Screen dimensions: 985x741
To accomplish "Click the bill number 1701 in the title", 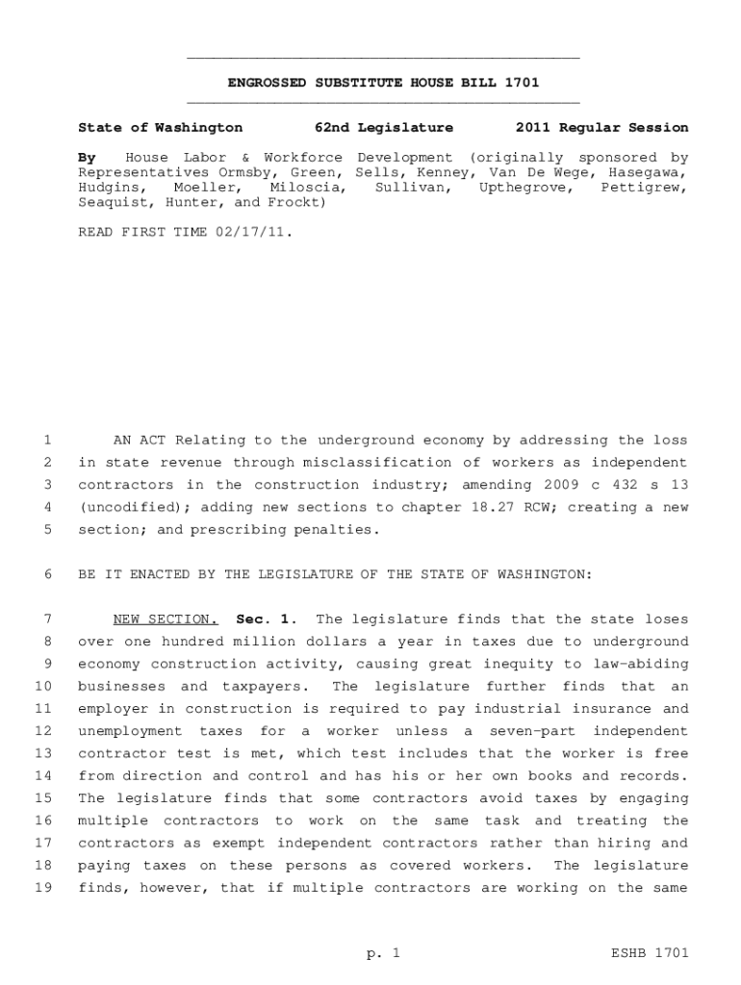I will pos(522,83).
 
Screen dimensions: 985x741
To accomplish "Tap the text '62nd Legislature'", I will pos(384,127).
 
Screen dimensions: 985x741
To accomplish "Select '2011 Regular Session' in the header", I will pos(601,127).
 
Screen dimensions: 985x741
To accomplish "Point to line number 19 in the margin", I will pos(43,888).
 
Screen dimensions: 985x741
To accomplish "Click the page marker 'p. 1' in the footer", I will pos(383,953).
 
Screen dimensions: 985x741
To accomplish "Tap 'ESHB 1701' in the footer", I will pos(651,953).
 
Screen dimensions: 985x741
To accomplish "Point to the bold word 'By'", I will pos(87,157).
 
